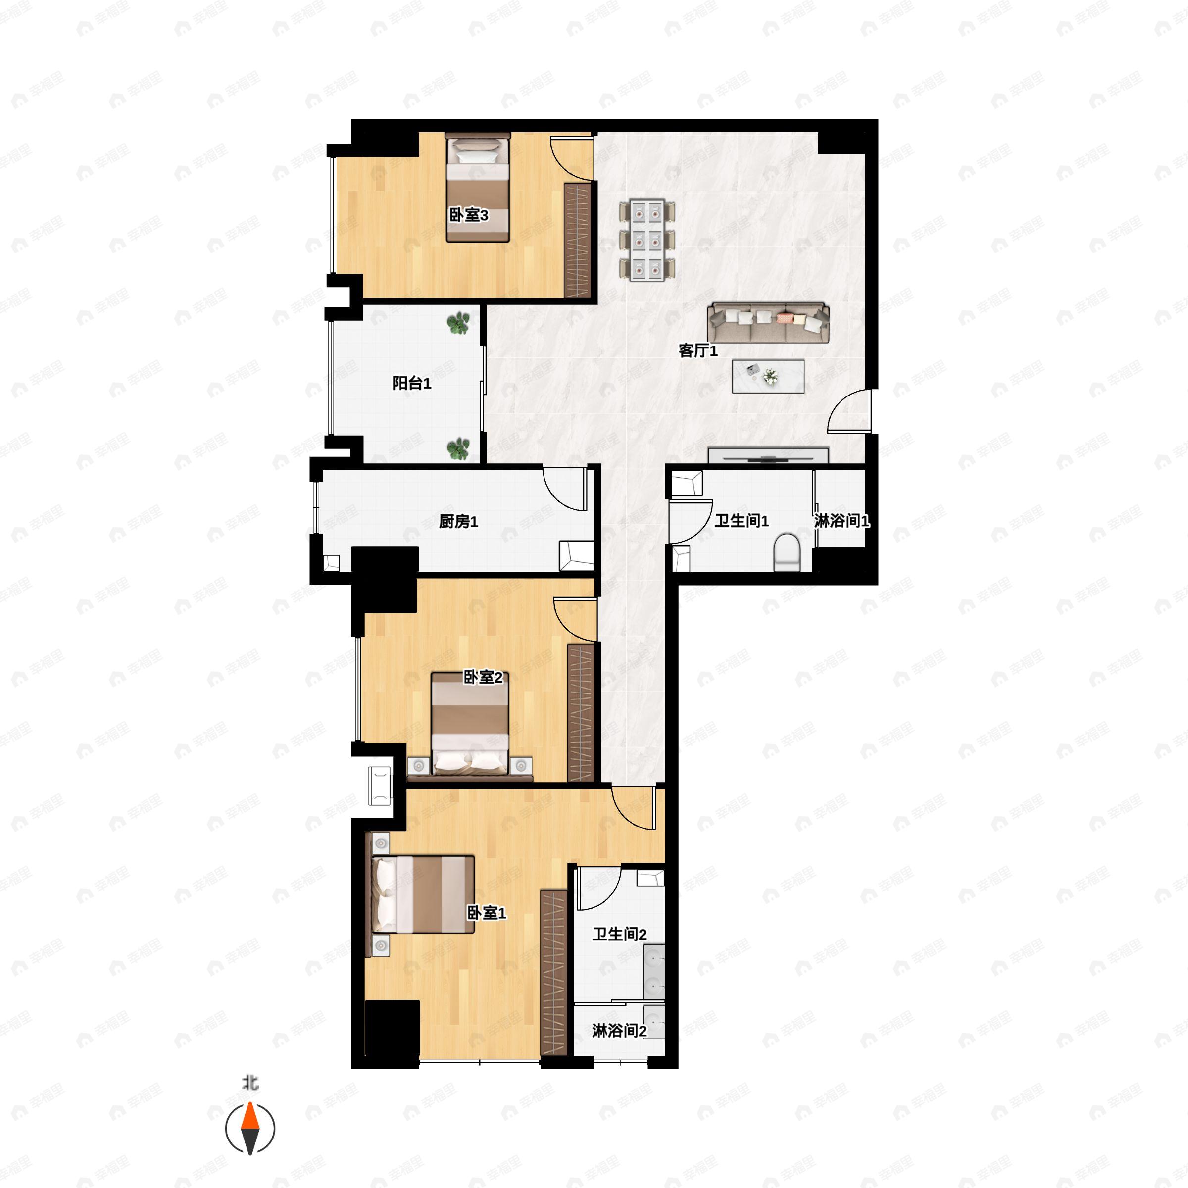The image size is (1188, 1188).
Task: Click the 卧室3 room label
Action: point(469,215)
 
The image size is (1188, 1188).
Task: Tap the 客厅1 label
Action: point(698,350)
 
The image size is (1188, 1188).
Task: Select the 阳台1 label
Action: point(411,383)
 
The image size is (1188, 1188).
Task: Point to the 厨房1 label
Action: point(458,521)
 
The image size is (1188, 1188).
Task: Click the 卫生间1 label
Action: point(742,521)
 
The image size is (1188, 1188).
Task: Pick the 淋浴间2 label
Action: point(619,1031)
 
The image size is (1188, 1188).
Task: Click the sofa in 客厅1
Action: point(768,322)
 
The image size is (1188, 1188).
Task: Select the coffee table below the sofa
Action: point(768,376)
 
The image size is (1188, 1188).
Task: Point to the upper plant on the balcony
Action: point(458,323)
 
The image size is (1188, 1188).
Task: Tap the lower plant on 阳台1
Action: point(458,449)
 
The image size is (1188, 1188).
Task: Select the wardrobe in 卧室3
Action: point(578,241)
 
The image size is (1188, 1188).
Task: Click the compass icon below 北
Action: point(249,1129)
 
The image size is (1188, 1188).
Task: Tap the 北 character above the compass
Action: point(249,1082)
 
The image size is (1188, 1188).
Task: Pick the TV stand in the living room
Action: point(768,455)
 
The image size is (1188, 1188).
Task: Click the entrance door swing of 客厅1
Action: point(849,409)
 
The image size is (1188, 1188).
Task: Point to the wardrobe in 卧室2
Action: point(581,712)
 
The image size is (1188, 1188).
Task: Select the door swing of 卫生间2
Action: point(599,889)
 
